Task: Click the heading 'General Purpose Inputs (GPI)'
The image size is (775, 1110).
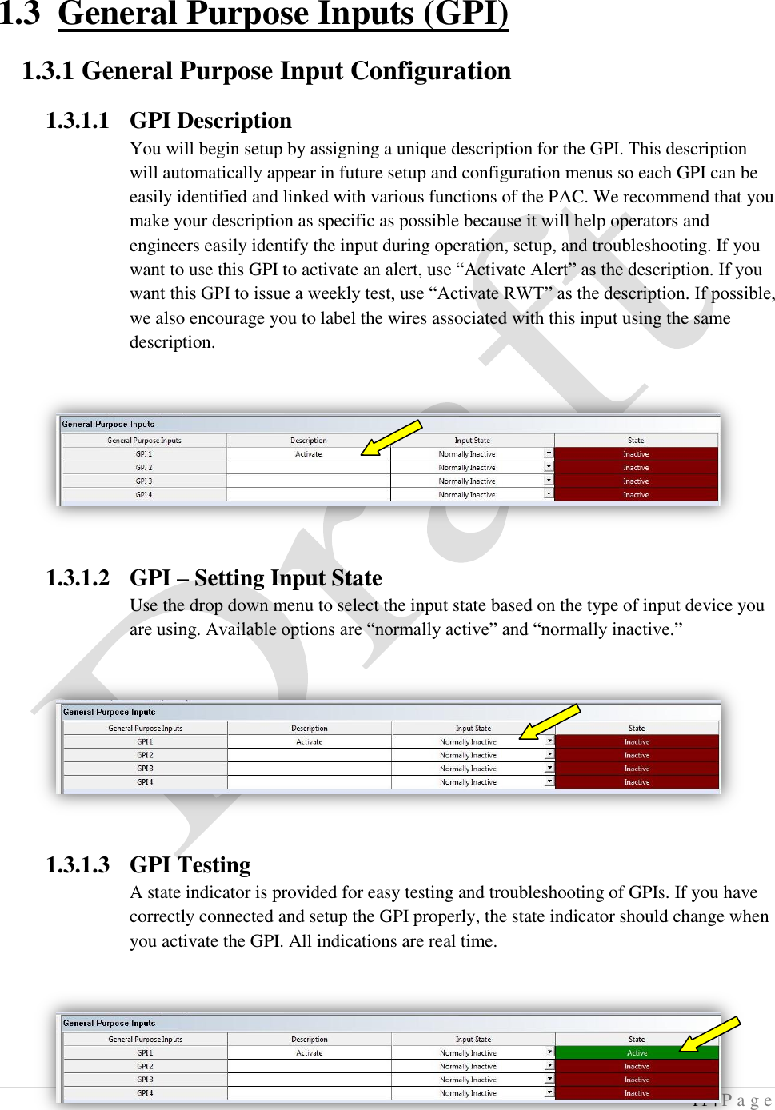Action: click(x=283, y=14)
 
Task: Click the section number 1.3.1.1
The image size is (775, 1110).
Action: click(x=77, y=121)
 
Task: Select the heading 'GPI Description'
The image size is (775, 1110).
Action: click(x=210, y=121)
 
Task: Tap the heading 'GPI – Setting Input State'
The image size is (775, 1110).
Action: click(x=255, y=577)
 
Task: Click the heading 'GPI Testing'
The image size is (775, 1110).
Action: click(x=190, y=864)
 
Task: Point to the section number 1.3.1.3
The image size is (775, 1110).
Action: click(x=77, y=864)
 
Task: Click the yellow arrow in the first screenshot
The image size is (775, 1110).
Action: click(x=391, y=437)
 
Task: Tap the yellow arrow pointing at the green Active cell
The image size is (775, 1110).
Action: click(x=709, y=1033)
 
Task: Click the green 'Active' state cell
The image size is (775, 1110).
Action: click(x=637, y=1053)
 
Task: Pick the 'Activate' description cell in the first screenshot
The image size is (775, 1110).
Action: click(x=309, y=454)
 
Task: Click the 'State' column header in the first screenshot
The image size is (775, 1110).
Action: click(x=636, y=441)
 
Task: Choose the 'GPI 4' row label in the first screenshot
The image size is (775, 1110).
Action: click(x=144, y=495)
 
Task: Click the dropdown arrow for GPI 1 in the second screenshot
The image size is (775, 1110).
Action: click(x=549, y=741)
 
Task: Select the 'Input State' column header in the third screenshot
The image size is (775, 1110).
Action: click(x=473, y=1040)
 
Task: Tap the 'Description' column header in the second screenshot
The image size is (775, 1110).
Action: click(x=310, y=729)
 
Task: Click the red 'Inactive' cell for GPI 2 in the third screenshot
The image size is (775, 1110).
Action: click(x=637, y=1067)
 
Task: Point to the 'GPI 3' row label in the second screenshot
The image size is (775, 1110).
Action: click(x=145, y=769)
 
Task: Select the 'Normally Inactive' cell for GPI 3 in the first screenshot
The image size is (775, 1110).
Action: click(x=467, y=481)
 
